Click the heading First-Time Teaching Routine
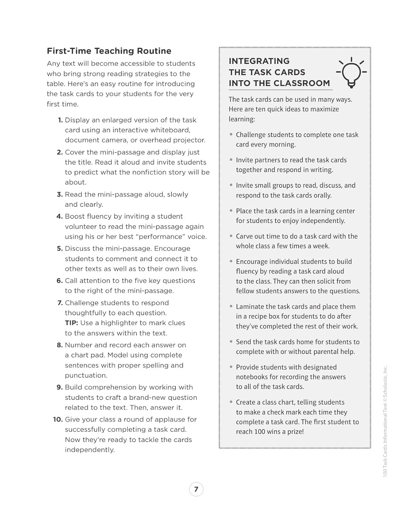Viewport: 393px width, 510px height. (109, 51)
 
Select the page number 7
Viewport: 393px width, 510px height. (196, 489)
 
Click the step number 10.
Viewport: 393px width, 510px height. (58, 420)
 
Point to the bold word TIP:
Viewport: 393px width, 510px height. (71, 323)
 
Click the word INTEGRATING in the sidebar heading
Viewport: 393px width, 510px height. (259, 61)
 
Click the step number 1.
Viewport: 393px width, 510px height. (61, 120)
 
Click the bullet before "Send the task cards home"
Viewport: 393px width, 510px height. (231, 342)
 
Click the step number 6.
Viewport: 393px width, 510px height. (60, 281)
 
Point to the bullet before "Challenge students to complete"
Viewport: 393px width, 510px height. (231, 135)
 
